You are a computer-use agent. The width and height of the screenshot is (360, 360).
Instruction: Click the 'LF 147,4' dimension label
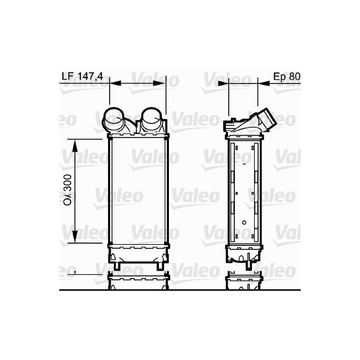[83, 77]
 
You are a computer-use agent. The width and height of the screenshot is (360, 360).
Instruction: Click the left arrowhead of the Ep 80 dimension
[223, 84]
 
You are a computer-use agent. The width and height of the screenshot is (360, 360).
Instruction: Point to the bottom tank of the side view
[244, 254]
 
